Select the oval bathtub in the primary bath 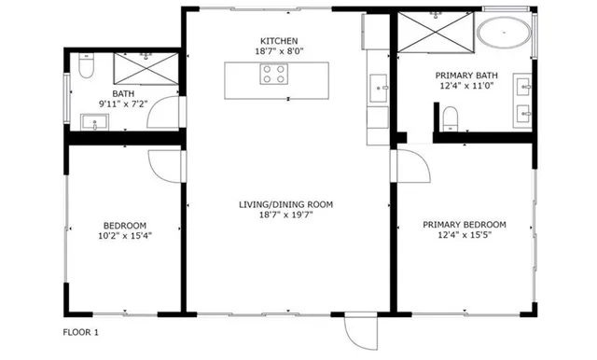pyautogui.click(x=505, y=36)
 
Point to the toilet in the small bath pyautogui.click(x=86, y=67)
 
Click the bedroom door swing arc pyautogui.click(x=165, y=166)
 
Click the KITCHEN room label pyautogui.click(x=279, y=41)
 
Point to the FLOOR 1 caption pyautogui.click(x=80, y=332)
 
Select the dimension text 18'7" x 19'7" pyautogui.click(x=285, y=215)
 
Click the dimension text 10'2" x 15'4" pyautogui.click(x=124, y=236)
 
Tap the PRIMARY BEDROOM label pyautogui.click(x=464, y=225)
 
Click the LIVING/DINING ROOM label pyautogui.click(x=285, y=203)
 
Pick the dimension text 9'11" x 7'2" pyautogui.click(x=124, y=104)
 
